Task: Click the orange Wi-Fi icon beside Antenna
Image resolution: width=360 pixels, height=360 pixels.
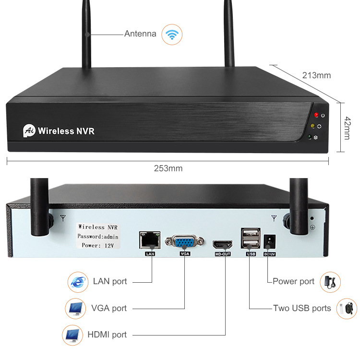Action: click(x=171, y=35)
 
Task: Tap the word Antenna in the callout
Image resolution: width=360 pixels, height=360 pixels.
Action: click(x=140, y=34)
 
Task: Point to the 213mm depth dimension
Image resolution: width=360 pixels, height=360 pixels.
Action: click(x=316, y=75)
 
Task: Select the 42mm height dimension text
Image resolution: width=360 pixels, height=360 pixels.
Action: click(x=347, y=128)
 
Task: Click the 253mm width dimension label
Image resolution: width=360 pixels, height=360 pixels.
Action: click(x=168, y=168)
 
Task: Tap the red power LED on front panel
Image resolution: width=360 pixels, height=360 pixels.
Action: click(x=316, y=115)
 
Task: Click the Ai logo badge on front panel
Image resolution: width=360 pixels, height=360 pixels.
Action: click(x=29, y=130)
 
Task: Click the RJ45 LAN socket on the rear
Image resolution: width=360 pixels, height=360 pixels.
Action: click(x=149, y=239)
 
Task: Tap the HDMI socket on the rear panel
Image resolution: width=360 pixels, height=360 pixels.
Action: click(x=223, y=243)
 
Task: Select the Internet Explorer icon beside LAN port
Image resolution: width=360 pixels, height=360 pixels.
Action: click(x=77, y=282)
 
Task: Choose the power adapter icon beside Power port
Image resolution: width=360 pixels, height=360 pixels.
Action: click(x=331, y=281)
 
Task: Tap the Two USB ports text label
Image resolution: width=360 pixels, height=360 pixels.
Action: click(x=302, y=308)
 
